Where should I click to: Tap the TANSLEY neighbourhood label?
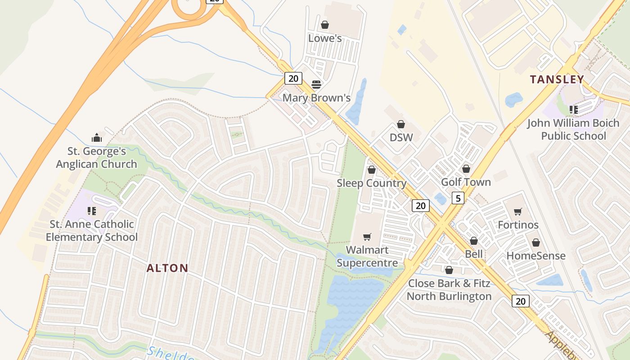pyautogui.click(x=557, y=80)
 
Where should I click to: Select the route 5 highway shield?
pyautogui.click(x=458, y=198)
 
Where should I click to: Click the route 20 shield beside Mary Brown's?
pyautogui.click(x=293, y=78)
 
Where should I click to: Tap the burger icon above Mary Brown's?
pyautogui.click(x=316, y=85)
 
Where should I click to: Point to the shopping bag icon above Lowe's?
pyautogui.click(x=324, y=25)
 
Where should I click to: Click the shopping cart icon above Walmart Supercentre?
pyautogui.click(x=367, y=237)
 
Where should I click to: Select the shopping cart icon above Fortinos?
pyautogui.click(x=518, y=211)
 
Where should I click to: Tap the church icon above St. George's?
pyautogui.click(x=97, y=138)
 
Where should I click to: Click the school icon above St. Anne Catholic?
pyautogui.click(x=92, y=211)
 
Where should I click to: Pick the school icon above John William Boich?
pyautogui.click(x=573, y=109)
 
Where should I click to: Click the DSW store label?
pyautogui.click(x=401, y=137)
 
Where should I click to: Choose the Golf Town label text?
pyautogui.click(x=466, y=182)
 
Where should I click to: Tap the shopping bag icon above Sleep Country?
pyautogui.click(x=372, y=170)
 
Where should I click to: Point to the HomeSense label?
pyautogui.click(x=536, y=256)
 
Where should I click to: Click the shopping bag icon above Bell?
pyautogui.click(x=474, y=241)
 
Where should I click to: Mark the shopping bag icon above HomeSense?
pyautogui.click(x=536, y=243)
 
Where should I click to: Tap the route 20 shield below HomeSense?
pyautogui.click(x=520, y=301)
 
